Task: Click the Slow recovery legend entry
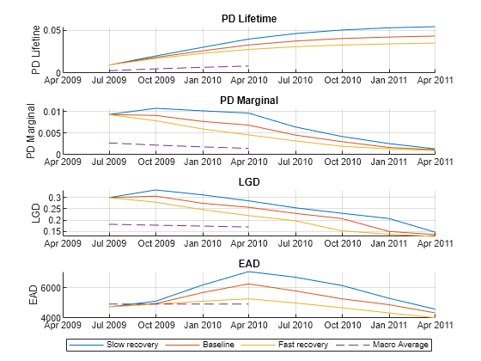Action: [x=126, y=345]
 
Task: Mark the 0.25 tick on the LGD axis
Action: [x=51, y=209]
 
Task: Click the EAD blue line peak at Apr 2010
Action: [x=248, y=272]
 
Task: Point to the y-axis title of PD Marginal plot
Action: [x=31, y=131]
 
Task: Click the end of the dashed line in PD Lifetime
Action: [x=248, y=66]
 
